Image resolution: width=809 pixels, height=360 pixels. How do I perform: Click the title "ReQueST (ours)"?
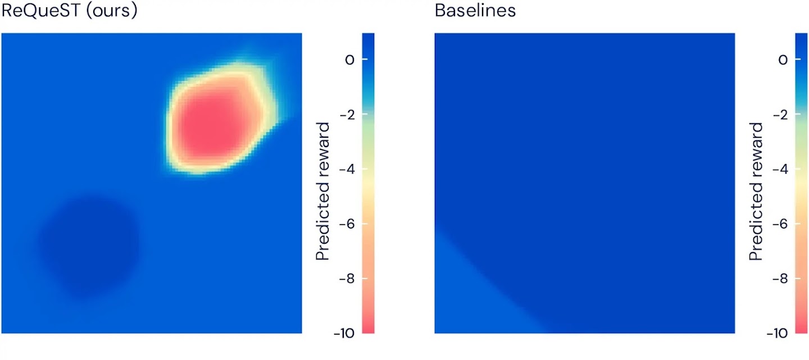pyautogui.click(x=70, y=11)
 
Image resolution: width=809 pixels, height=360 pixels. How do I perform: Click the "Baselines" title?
pyautogui.click(x=475, y=11)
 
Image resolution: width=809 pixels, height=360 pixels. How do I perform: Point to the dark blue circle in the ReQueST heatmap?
pyautogui.click(x=88, y=244)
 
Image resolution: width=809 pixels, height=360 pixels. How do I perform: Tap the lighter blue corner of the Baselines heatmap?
pyautogui.click(x=472, y=298)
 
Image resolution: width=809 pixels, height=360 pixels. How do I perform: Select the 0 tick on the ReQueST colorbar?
pyautogui.click(x=350, y=60)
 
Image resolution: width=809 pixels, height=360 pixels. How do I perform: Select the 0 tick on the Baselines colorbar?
pyautogui.click(x=783, y=60)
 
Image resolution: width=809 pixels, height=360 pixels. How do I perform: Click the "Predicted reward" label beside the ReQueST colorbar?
pyautogui.click(x=322, y=192)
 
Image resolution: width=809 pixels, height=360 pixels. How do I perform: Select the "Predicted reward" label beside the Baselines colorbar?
pyautogui.click(x=756, y=192)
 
